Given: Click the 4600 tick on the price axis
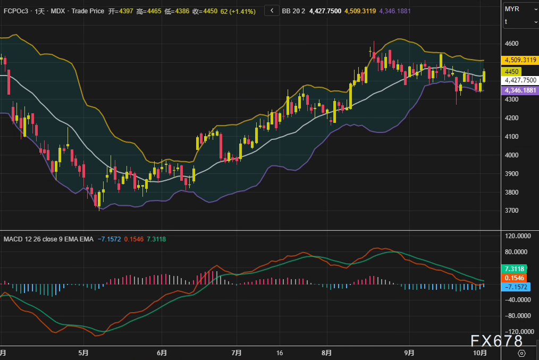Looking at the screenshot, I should [x=513, y=44].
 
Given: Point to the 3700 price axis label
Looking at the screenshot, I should [x=513, y=211].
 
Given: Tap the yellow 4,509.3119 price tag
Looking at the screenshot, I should [x=520, y=60].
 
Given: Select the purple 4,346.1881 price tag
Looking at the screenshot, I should [x=520, y=90].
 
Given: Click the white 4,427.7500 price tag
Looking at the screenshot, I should [x=520, y=80].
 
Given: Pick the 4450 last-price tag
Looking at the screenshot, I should [x=512, y=71].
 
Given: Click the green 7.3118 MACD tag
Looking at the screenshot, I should [x=516, y=269].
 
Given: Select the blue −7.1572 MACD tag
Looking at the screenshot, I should [x=517, y=287].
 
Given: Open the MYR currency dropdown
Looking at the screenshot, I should [x=520, y=9].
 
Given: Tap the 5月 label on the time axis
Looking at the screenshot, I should [x=83, y=353].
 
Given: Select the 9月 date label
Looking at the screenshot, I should [x=409, y=353].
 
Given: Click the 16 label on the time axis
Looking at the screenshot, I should [x=280, y=353].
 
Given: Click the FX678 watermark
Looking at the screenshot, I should [x=496, y=341].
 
